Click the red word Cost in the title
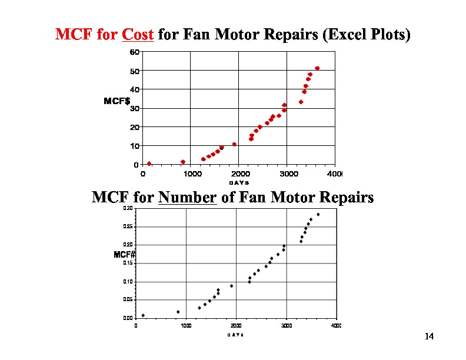click(138, 35)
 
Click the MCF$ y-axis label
click(116, 101)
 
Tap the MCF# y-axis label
click(124, 255)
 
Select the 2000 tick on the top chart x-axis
click(239, 174)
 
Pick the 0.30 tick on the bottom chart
click(128, 208)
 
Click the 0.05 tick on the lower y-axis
click(128, 300)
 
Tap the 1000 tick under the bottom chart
click(185, 325)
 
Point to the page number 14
click(428, 336)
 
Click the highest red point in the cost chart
click(317, 68)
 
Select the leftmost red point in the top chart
click(149, 164)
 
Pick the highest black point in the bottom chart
click(318, 215)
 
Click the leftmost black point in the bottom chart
click(143, 315)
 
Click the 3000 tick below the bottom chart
click(286, 325)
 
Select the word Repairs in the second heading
click(345, 198)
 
